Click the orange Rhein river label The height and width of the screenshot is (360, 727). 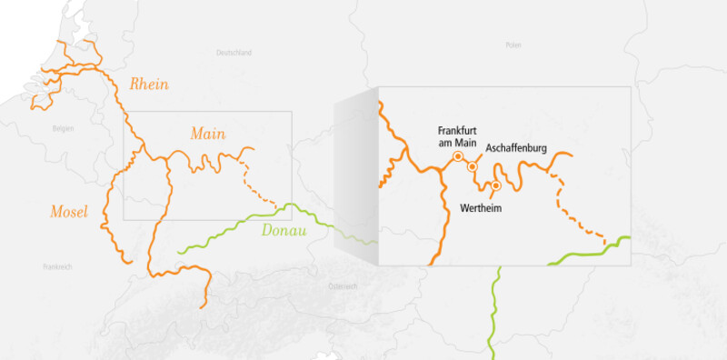(150, 85)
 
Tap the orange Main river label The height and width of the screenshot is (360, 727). (208, 134)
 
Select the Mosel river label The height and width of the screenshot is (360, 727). (68, 213)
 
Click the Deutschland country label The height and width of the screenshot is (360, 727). (234, 54)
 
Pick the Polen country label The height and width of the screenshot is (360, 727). (513, 45)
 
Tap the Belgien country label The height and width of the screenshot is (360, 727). (63, 128)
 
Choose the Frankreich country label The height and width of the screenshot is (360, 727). (56, 266)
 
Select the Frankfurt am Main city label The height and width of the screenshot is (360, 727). (457, 135)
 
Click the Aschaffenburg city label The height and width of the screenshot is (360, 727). (516, 147)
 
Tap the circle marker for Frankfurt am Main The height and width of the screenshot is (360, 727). (458, 156)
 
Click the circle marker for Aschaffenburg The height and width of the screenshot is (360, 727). (473, 167)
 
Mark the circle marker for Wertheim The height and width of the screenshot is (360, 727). (495, 186)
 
